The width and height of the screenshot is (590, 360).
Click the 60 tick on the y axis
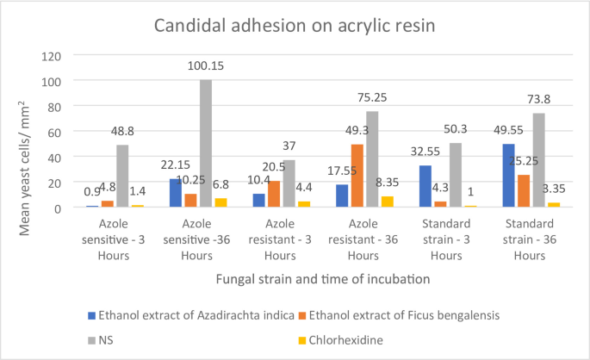tap(51, 132)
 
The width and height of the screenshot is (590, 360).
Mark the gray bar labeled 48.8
tap(122, 177)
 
